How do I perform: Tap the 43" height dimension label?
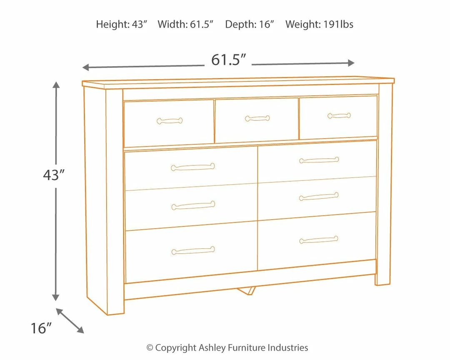click(55, 175)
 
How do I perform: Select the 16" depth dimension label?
click(40, 328)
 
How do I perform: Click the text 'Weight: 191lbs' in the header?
click(319, 25)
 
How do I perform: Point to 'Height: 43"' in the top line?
click(122, 25)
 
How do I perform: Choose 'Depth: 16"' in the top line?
click(250, 25)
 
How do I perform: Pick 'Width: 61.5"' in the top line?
click(185, 25)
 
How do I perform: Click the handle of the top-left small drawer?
click(170, 121)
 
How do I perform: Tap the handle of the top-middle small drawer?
click(257, 118)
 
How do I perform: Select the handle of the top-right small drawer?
click(339, 115)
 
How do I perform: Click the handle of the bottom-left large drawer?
click(193, 250)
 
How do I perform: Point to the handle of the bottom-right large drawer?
click(319, 240)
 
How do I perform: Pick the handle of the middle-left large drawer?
click(193, 205)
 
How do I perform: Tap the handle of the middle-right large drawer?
click(319, 196)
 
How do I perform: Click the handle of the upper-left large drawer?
click(193, 167)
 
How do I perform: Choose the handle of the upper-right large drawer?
click(319, 160)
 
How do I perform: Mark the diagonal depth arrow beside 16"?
click(70, 320)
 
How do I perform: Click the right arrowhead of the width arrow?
click(351, 63)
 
